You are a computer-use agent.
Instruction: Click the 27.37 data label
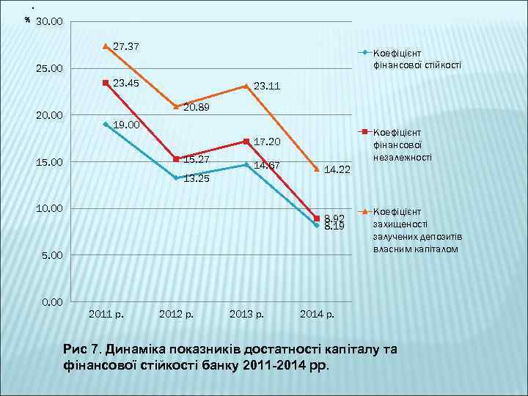click(126, 47)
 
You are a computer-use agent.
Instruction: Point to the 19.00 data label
click(126, 125)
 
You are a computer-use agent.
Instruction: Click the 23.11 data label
click(267, 87)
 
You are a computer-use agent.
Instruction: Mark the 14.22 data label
click(337, 169)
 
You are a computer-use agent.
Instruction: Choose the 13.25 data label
click(197, 178)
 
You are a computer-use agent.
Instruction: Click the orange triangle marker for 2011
click(106, 46)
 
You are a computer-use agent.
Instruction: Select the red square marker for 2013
click(246, 142)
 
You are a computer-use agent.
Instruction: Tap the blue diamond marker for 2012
click(176, 178)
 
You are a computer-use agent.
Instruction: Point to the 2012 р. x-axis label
click(176, 315)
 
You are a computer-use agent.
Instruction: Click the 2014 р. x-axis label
click(318, 315)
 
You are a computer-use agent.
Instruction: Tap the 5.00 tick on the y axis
click(52, 255)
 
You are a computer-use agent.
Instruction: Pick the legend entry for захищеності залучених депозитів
click(417, 230)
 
